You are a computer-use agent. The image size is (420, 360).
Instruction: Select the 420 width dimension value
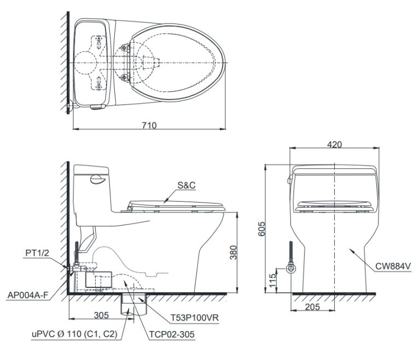tap(335, 144)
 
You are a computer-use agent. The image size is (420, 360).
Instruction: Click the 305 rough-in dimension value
tap(101, 315)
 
